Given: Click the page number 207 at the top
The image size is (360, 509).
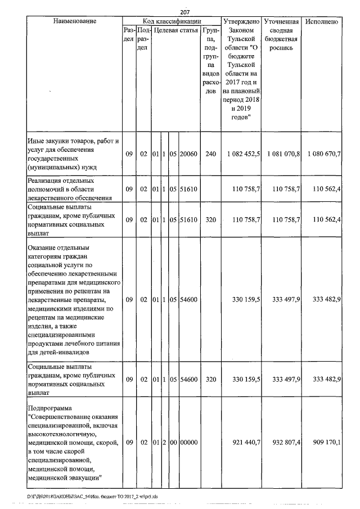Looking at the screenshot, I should click(x=186, y=12).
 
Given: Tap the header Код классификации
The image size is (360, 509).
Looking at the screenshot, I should click(x=172, y=21).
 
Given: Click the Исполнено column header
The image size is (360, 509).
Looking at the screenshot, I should click(x=322, y=21).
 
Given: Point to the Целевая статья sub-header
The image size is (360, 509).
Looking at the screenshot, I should click(x=176, y=30).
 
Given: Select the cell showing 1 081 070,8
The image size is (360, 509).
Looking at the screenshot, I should click(x=283, y=154).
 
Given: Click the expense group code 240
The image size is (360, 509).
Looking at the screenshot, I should click(x=210, y=154).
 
